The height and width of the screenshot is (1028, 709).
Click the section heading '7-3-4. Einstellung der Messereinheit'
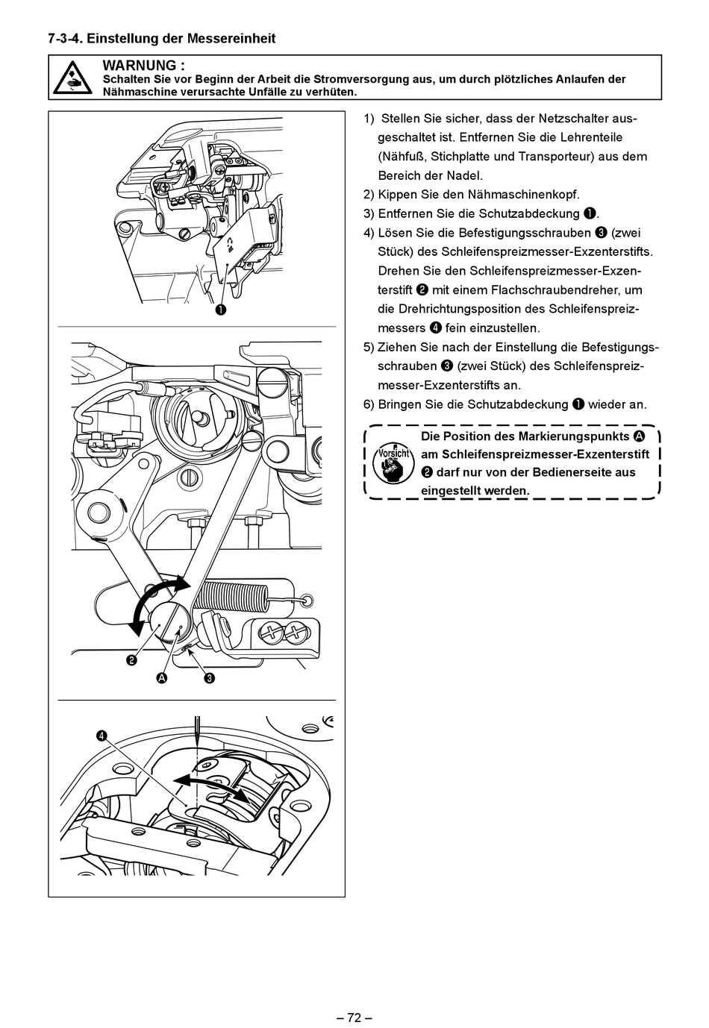pos(162,38)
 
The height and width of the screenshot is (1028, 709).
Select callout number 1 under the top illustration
pos(222,310)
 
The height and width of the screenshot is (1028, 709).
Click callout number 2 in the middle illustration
pos(131,659)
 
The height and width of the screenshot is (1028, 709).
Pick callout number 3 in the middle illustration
pos(210,678)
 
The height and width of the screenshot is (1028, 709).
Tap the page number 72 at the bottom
pos(354,1018)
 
